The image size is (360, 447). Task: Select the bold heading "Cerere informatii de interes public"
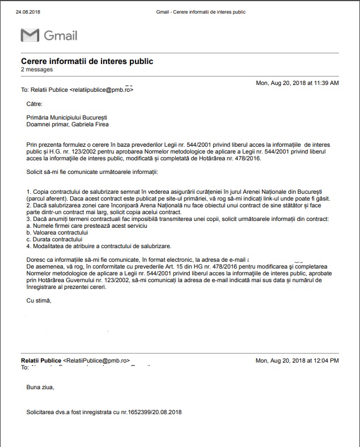coord(87,61)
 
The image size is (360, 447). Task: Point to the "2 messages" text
coord(37,70)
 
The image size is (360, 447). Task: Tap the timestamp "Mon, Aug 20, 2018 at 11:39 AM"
coord(297,83)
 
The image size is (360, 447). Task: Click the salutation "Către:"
coord(35,104)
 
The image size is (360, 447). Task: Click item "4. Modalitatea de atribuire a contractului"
coord(98,246)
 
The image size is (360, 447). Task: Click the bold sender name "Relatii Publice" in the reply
coord(41,360)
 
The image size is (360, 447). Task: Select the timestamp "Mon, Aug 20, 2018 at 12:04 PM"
coord(297,360)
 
